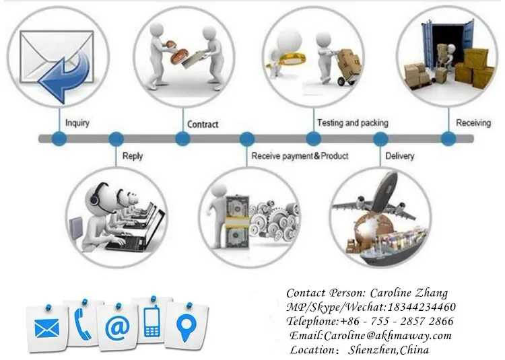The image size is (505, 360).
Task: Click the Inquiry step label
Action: tap(77, 123)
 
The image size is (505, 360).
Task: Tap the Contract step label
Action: tap(203, 124)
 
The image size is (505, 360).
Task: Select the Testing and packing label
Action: tap(352, 123)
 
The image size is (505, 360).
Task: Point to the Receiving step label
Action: tap(473, 123)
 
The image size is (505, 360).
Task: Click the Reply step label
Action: tap(133, 156)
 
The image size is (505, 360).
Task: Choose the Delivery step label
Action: tap(400, 156)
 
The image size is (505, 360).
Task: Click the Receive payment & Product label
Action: tap(300, 156)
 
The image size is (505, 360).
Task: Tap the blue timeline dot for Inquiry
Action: tap(60, 139)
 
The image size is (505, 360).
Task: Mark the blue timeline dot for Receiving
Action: tap(448, 139)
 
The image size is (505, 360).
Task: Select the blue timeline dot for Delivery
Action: tap(380, 139)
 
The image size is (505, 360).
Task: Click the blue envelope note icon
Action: tap(46, 328)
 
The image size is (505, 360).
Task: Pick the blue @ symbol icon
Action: tap(117, 328)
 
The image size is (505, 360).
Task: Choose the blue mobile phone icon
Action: tap(151, 322)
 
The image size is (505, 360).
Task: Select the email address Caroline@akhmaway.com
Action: tap(388, 335)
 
